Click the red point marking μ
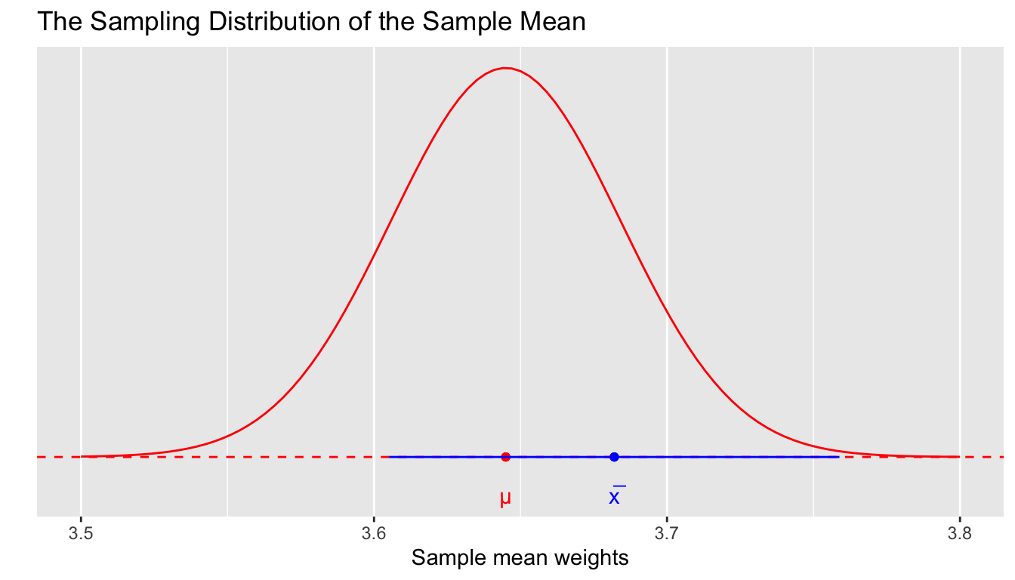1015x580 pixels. click(505, 456)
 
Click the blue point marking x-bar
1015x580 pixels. click(614, 456)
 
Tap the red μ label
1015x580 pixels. click(505, 498)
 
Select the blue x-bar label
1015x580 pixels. click(616, 496)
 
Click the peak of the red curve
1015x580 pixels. click(505, 68)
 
